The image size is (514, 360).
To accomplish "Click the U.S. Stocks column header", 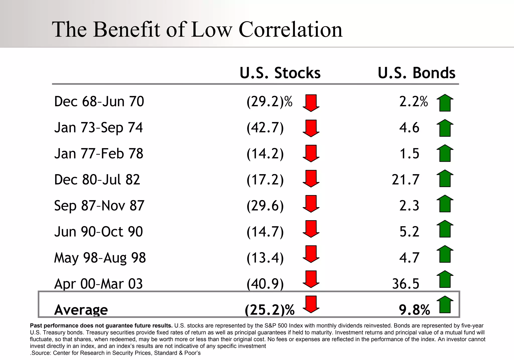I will pyautogui.click(x=280, y=73).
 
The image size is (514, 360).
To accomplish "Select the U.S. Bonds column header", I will pyautogui.click(x=416, y=73).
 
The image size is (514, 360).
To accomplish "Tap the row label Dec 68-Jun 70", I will pyautogui.click(x=99, y=102).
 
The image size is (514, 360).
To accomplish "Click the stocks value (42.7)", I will pyautogui.click(x=265, y=128).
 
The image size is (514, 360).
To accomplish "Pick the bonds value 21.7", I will pyautogui.click(x=406, y=180).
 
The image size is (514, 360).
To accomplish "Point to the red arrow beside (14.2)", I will pyautogui.click(x=311, y=153).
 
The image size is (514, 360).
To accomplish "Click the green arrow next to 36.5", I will pyautogui.click(x=445, y=279).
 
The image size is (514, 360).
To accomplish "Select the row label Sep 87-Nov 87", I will pyautogui.click(x=99, y=206).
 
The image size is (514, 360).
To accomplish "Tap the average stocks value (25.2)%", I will pyautogui.click(x=270, y=310).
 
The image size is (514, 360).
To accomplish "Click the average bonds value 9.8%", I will pyautogui.click(x=414, y=310).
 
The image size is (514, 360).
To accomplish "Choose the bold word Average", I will pyautogui.click(x=81, y=310).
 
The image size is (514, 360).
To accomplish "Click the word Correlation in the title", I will pyautogui.click(x=290, y=30).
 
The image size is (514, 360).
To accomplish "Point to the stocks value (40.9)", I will pyautogui.click(x=265, y=284).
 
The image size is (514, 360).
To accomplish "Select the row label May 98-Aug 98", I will pyautogui.click(x=100, y=258).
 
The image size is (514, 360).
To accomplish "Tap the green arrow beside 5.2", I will pyautogui.click(x=445, y=229).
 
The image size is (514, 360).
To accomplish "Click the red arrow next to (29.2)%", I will pyautogui.click(x=311, y=103).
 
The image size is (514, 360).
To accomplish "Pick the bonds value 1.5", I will pyautogui.click(x=409, y=154).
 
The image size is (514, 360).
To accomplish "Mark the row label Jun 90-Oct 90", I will pyautogui.click(x=98, y=232).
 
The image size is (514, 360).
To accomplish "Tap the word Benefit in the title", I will pyautogui.click(x=127, y=30).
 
